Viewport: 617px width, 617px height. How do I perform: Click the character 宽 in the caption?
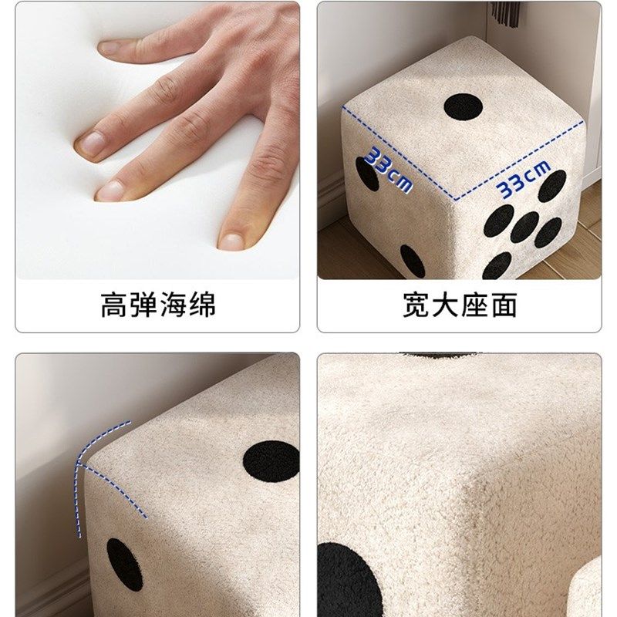(x=416, y=305)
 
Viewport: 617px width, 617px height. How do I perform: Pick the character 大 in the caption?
(x=445, y=305)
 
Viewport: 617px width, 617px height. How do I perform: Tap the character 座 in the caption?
(x=474, y=305)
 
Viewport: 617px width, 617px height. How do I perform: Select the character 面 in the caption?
(x=503, y=305)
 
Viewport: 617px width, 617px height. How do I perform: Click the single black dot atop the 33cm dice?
(x=463, y=106)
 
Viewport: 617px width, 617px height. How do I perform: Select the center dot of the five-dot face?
(x=525, y=226)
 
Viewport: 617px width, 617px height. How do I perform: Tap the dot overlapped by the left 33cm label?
(x=366, y=174)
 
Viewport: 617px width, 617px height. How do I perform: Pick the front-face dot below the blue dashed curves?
(x=124, y=564)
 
